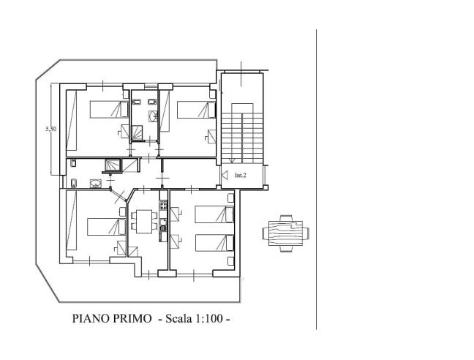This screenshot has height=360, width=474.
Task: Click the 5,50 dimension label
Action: [x=50, y=129]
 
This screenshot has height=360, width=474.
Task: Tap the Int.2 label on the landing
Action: [x=241, y=175]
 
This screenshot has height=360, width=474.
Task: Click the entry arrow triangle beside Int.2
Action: [x=225, y=175]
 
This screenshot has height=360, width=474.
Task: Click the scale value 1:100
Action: [x=209, y=318]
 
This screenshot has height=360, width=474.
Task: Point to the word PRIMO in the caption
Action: [x=132, y=318]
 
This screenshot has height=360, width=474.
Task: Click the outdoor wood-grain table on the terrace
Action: [x=286, y=233]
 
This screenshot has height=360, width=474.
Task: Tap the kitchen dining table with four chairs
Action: [x=144, y=222]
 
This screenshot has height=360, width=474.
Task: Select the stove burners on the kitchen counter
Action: [x=163, y=206]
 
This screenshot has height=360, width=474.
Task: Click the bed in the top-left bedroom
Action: [x=109, y=109]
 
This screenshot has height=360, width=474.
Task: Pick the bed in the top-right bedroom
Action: [x=196, y=110]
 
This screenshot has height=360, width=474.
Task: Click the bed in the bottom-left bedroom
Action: [x=106, y=227]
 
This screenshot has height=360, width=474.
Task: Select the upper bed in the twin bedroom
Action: [x=214, y=214]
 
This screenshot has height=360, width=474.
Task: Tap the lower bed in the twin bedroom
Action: [x=214, y=243]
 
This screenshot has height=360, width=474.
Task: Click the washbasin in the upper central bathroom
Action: [x=153, y=116]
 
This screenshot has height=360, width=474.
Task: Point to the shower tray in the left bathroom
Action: [x=113, y=165]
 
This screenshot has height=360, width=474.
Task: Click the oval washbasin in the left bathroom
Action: [x=96, y=184]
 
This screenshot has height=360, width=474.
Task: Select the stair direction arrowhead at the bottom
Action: [x=232, y=161]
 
